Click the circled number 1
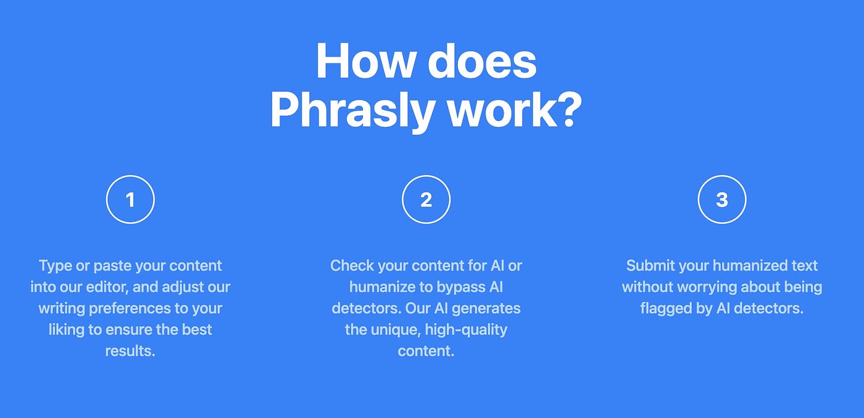(x=130, y=200)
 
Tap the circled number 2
(x=426, y=200)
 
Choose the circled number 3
(x=722, y=200)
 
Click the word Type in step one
(x=55, y=266)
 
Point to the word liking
(x=67, y=329)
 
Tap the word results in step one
(x=130, y=351)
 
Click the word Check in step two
(x=351, y=266)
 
